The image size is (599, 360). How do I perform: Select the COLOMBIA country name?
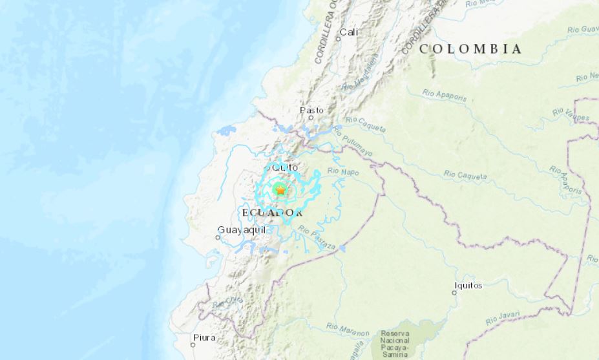click(x=470, y=48)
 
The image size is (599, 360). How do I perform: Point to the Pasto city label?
click(x=311, y=111)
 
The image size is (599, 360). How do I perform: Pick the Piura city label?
click(x=204, y=337)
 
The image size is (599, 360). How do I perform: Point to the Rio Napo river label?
click(x=342, y=171)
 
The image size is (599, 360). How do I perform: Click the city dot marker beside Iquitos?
click(x=454, y=292)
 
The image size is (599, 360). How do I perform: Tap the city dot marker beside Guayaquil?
click(x=218, y=237)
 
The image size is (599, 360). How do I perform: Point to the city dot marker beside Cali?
click(x=337, y=39)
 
